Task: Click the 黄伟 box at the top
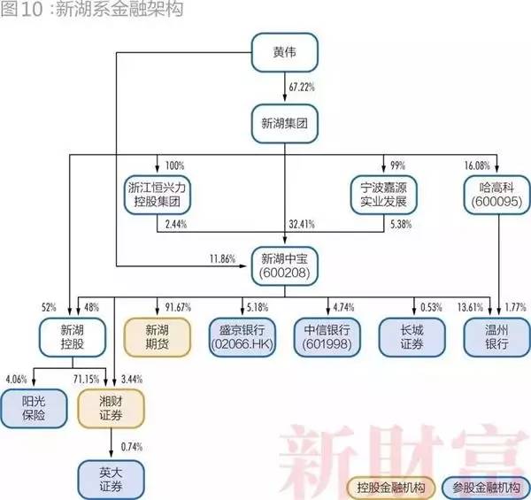284,52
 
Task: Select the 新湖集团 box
284,124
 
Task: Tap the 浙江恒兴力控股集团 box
158,195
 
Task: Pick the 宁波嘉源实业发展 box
383,195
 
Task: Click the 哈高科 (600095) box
496,195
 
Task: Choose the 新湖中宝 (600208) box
284,266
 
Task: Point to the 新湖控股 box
73,337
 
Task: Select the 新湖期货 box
158,337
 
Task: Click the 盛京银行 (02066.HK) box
242,337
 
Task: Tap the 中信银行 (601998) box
327,337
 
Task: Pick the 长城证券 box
412,337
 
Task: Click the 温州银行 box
496,337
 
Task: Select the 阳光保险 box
34,408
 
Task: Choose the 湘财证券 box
111,408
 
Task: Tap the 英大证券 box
111,480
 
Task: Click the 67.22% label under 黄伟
302,87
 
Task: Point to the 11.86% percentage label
222,259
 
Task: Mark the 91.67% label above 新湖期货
178,307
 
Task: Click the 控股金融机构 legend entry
391,488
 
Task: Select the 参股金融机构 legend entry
486,488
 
